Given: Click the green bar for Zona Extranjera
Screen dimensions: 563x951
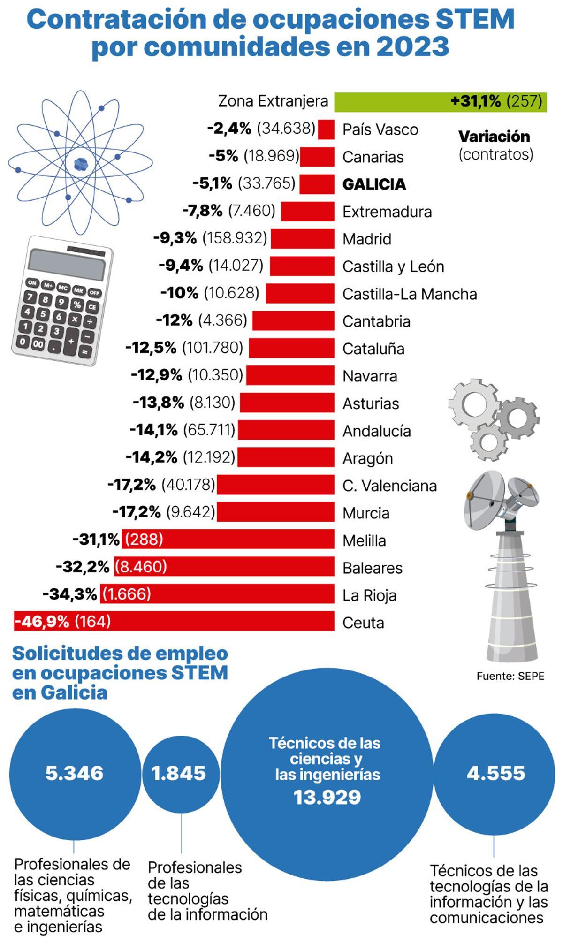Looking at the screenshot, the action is click(441, 102).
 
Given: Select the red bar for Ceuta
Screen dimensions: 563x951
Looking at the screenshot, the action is click(174, 621).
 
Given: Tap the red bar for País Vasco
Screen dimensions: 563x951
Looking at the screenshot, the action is click(326, 129).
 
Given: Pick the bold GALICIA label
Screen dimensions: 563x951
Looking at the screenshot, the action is click(374, 184).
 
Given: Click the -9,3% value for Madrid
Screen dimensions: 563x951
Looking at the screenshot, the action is click(175, 238).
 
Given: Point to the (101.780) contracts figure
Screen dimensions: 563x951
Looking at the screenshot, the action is click(213, 348).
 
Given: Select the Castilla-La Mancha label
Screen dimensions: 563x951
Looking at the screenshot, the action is click(410, 294).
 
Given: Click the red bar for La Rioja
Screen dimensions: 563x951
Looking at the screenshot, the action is click(217, 593).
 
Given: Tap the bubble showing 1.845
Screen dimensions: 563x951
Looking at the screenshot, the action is click(181, 773).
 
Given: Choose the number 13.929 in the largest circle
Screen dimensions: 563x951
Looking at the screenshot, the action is click(327, 797).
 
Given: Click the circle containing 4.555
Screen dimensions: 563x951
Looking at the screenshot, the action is click(495, 773).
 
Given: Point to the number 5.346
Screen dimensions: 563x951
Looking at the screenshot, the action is click(74, 773).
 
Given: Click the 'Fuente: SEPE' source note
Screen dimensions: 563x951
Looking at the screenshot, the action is click(510, 676).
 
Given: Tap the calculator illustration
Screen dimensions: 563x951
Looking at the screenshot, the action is click(62, 300).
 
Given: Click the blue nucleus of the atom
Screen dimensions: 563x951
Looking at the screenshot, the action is click(81, 164).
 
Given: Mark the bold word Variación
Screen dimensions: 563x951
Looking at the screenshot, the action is click(494, 137).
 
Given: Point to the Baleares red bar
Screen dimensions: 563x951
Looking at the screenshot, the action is click(224, 566).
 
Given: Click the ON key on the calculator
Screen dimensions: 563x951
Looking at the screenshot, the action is click(32, 282).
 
